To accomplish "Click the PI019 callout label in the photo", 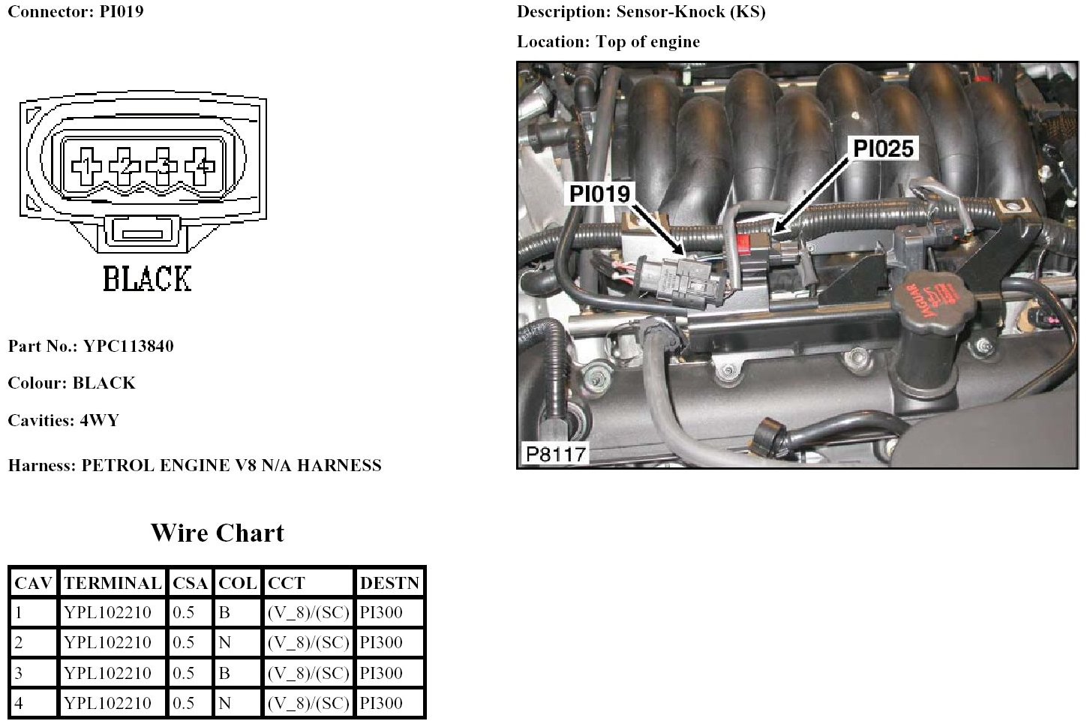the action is [599, 194].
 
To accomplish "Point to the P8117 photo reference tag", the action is [555, 454].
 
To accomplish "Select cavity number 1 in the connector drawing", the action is [88, 164].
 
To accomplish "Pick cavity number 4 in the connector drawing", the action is [200, 164].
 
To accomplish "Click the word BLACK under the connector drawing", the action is [147, 279].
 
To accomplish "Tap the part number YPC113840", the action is [128, 346].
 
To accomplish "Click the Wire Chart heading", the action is [218, 533].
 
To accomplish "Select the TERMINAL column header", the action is [113, 583].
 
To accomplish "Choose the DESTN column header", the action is [389, 583].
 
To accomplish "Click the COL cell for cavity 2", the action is [224, 643].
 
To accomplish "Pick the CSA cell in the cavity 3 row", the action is [184, 673].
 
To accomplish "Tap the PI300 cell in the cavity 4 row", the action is [381, 703].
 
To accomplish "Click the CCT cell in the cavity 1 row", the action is [308, 613].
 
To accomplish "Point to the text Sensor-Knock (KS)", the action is [690, 12].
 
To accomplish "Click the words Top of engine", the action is [647, 42].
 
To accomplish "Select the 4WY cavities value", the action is [99, 420].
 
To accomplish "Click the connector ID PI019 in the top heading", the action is [121, 12].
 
